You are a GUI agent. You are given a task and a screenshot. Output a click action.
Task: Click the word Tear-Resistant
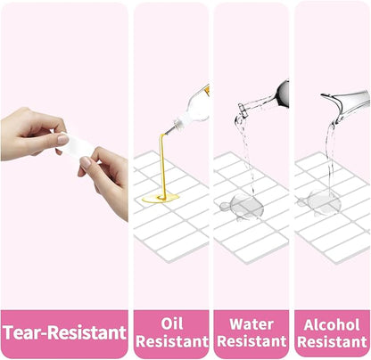pyautogui.click(x=65, y=332)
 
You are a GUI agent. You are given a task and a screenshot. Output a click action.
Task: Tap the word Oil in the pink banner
pyautogui.click(x=172, y=323)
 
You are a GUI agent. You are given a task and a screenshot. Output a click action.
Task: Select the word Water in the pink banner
pyautogui.click(x=251, y=324)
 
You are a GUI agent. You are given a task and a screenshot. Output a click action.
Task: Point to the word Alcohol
pyautogui.click(x=332, y=324)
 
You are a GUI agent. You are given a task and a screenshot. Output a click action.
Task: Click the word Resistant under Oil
pyautogui.click(x=172, y=341)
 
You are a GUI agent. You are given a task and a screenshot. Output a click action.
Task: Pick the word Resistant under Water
pyautogui.click(x=251, y=341)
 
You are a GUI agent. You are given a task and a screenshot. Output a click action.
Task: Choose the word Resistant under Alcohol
pyautogui.click(x=332, y=342)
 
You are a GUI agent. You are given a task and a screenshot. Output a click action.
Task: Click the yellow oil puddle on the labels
pyautogui.click(x=161, y=198)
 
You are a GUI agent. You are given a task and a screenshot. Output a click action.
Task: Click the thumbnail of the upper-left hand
pyautogui.click(x=62, y=139)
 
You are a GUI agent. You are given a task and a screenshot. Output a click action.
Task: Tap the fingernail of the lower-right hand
pyautogui.click(x=86, y=162)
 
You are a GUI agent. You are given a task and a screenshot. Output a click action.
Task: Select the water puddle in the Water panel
pyautogui.click(x=243, y=207)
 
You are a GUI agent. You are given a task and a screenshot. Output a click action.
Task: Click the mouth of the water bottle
pyautogui.click(x=241, y=109)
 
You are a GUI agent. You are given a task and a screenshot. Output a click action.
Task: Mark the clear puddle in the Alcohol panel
pyautogui.click(x=319, y=202)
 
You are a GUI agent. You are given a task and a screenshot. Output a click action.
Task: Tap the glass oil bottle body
pyautogui.click(x=194, y=107)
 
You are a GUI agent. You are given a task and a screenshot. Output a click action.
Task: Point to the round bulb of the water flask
pyautogui.click(x=283, y=94)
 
